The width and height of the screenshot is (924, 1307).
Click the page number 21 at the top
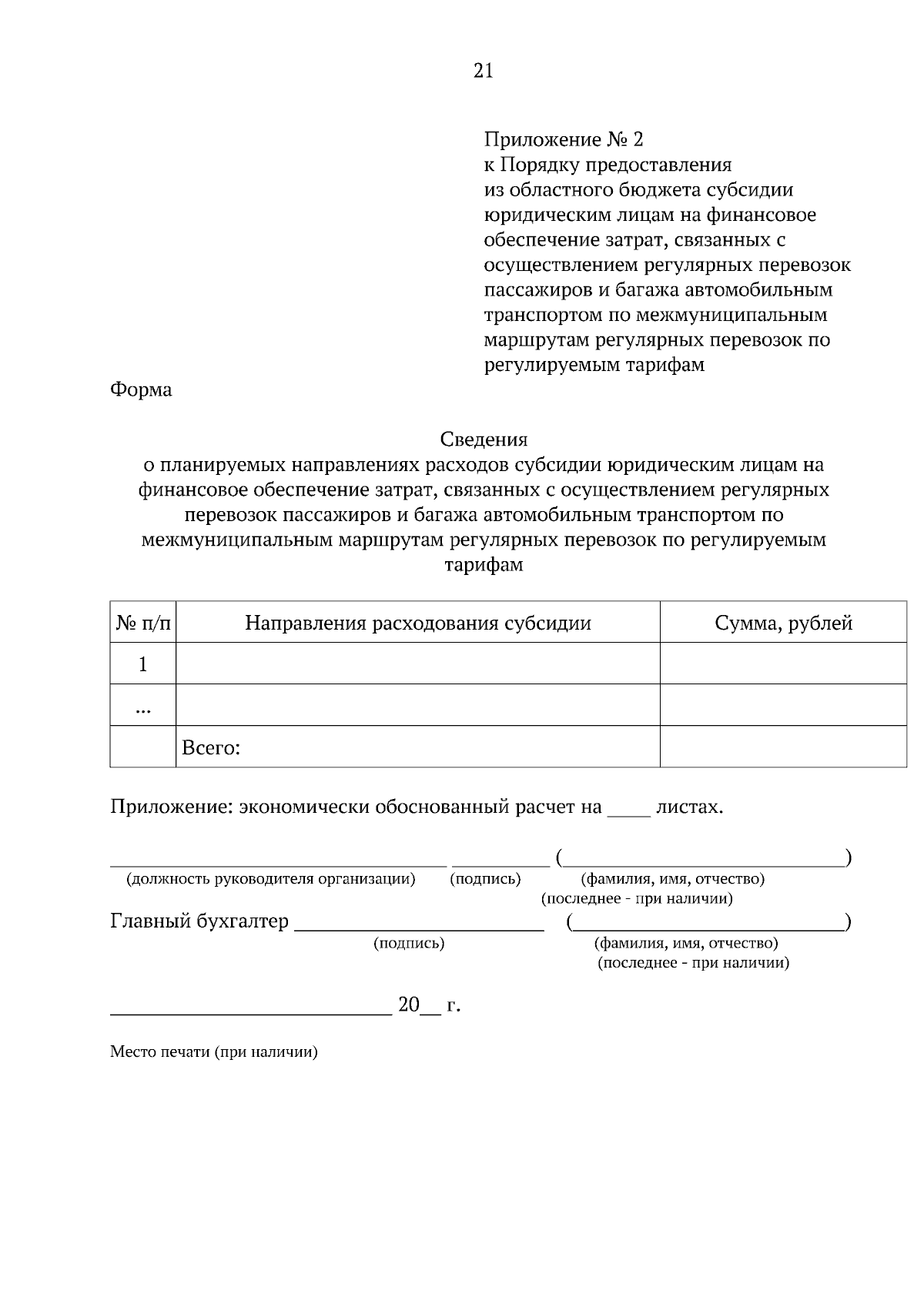click(483, 71)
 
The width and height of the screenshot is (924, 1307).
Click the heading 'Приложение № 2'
click(563, 139)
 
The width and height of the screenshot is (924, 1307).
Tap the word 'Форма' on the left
click(141, 389)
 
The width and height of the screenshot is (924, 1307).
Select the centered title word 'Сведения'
click(484, 440)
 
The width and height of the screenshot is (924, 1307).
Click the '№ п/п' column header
click(143, 623)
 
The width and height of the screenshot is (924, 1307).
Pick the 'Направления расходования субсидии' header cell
click(418, 623)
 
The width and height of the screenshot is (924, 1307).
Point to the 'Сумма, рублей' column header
click(783, 623)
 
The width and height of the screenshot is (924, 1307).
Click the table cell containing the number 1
click(143, 664)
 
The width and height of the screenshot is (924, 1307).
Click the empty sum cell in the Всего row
click(783, 747)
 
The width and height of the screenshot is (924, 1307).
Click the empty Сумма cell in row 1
click(783, 664)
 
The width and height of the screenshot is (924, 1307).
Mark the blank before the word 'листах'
click(629, 811)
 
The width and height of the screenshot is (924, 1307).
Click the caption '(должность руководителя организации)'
click(271, 879)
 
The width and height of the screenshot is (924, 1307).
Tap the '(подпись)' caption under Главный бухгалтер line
click(409, 943)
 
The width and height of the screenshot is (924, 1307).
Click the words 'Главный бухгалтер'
click(199, 921)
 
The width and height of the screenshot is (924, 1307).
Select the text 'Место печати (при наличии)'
click(214, 1052)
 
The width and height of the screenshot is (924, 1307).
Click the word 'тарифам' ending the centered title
click(484, 565)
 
